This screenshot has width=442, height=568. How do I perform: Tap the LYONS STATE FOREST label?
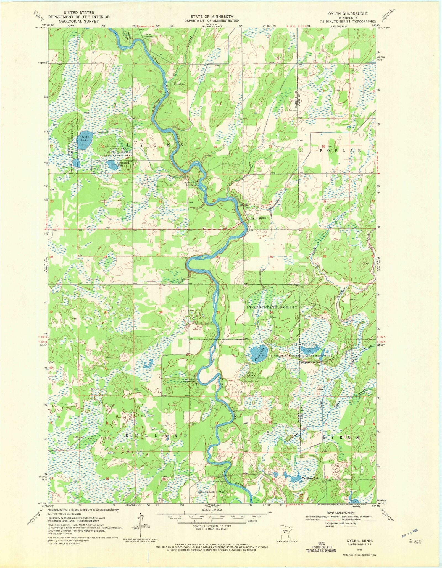(272, 307)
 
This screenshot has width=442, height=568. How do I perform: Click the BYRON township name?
(341, 445)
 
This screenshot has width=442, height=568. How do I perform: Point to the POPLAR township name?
(340, 151)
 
